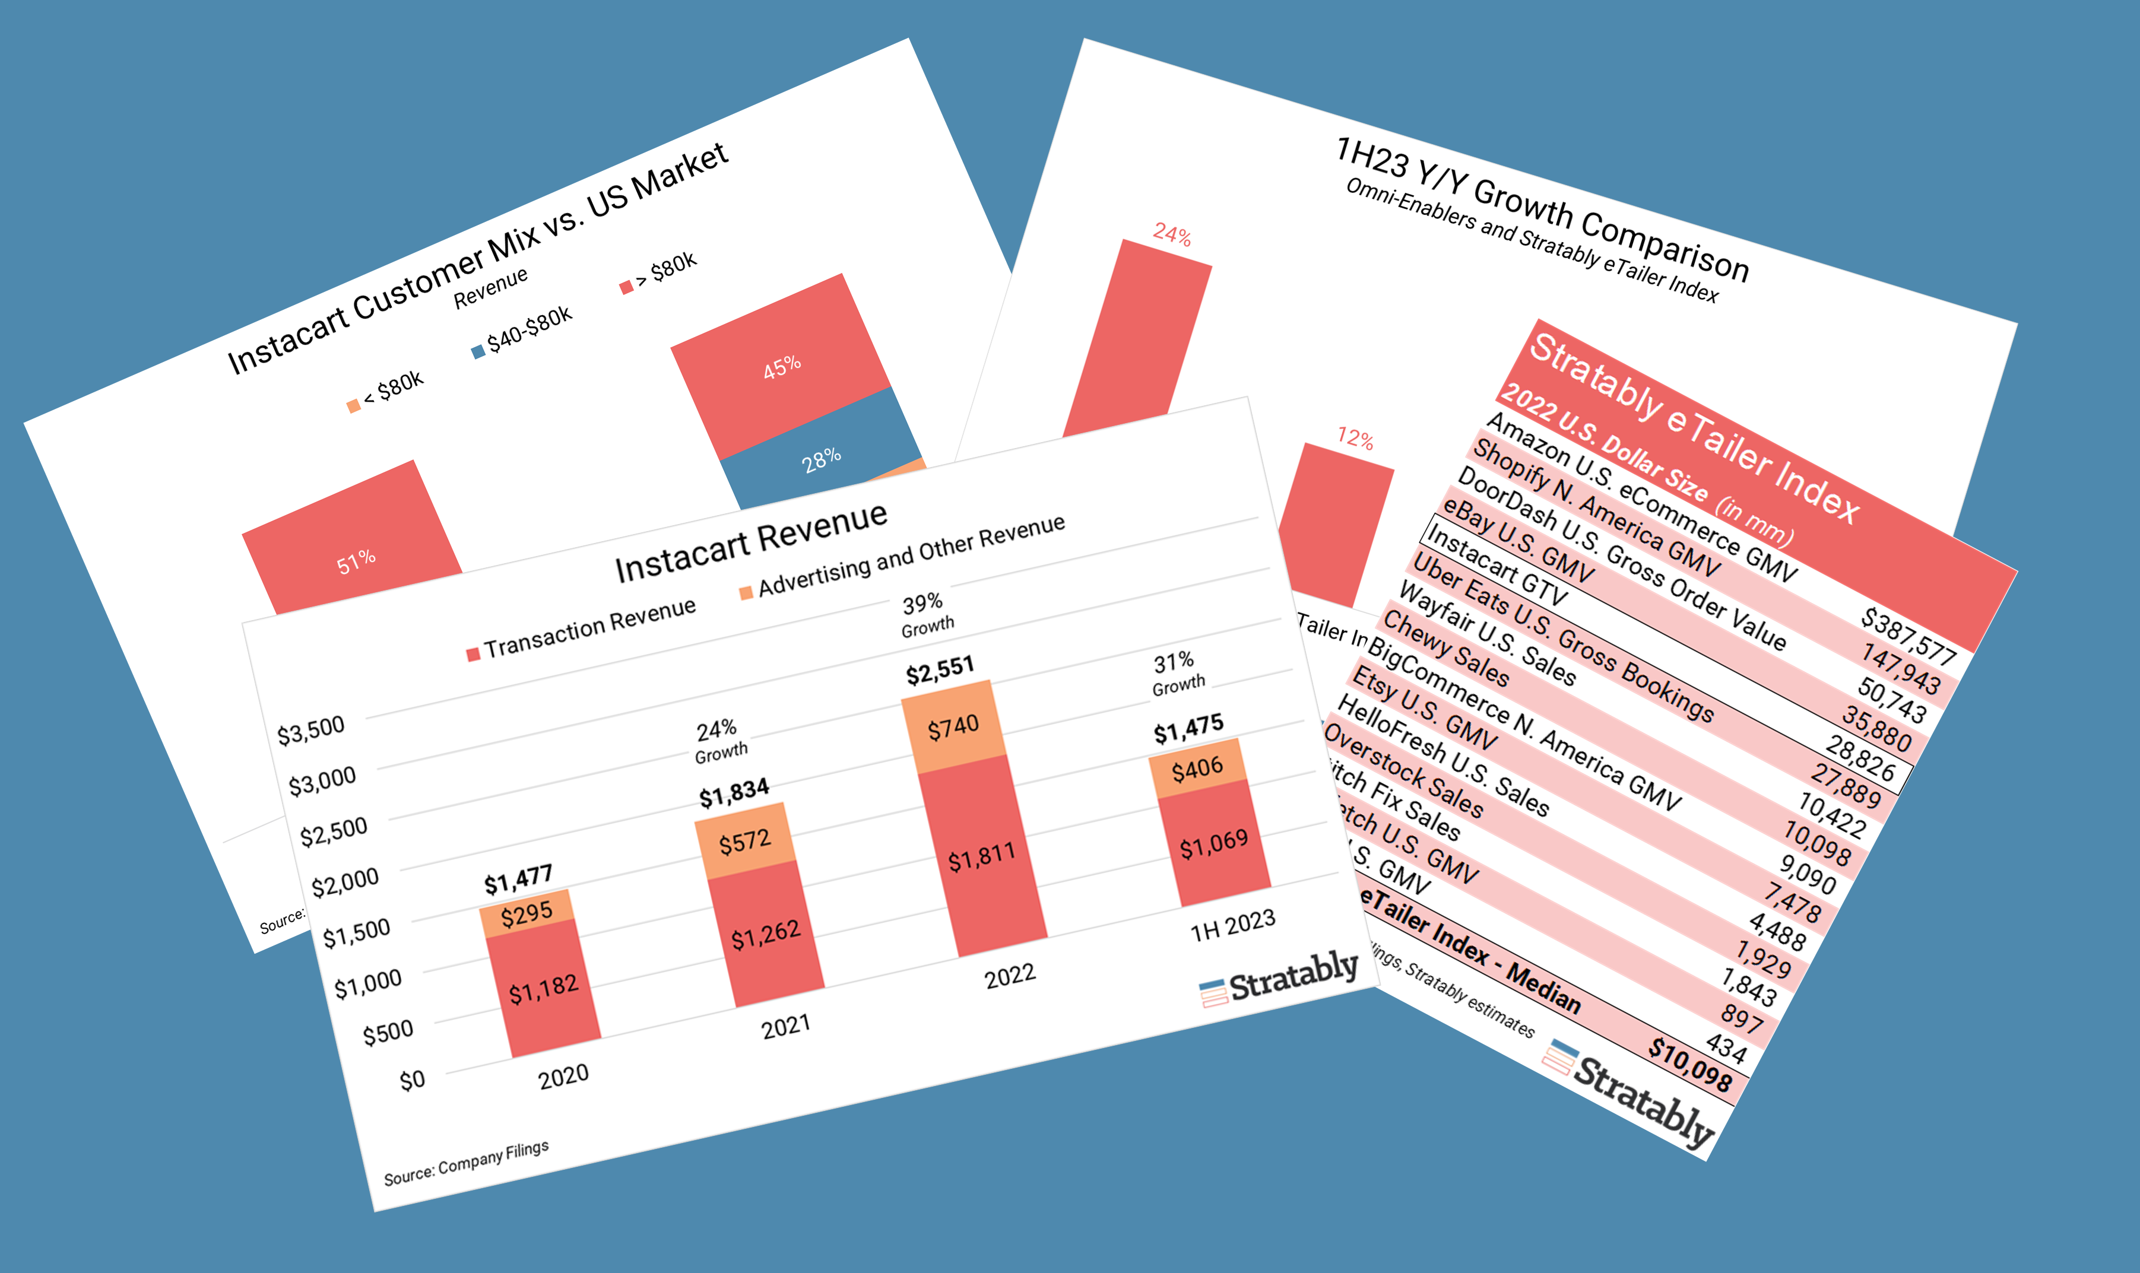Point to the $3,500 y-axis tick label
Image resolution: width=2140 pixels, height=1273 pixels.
coord(310,730)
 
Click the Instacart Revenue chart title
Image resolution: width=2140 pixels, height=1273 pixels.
coord(752,541)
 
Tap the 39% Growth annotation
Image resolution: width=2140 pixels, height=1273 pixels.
coord(925,612)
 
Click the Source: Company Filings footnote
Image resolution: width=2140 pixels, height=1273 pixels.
coord(466,1163)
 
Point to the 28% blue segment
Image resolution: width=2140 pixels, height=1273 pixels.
coord(821,461)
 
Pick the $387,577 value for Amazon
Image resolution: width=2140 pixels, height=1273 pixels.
coord(1907,636)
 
